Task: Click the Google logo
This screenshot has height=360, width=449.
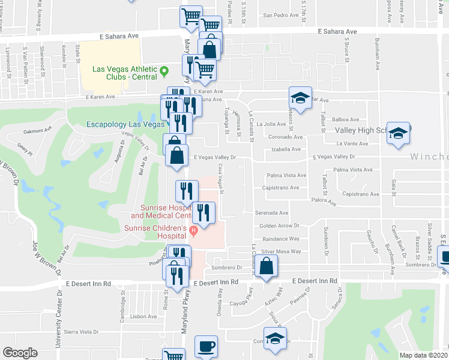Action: point(20,353)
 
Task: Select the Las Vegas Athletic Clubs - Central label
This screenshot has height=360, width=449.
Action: point(125,73)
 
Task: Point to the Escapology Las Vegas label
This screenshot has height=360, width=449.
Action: point(125,124)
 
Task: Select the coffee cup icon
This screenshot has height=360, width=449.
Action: point(206,346)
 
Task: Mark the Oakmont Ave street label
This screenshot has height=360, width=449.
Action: point(38,130)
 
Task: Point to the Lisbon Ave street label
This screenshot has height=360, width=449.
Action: point(143,316)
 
